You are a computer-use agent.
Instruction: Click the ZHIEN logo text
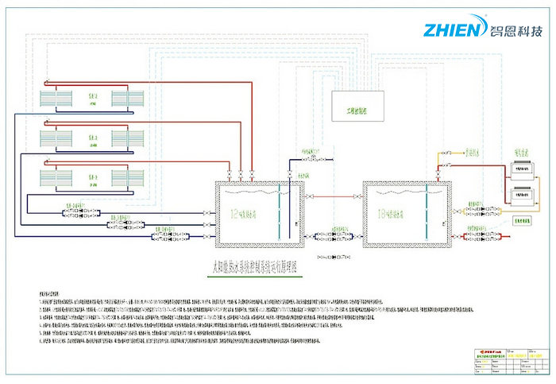coord(452,29)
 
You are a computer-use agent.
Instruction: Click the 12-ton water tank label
coord(247,215)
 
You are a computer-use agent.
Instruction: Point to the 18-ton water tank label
coord(398,215)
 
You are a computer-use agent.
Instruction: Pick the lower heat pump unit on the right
coord(521,193)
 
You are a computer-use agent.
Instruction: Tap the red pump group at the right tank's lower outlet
coord(483,236)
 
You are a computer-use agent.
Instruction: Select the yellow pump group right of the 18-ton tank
coord(480,211)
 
